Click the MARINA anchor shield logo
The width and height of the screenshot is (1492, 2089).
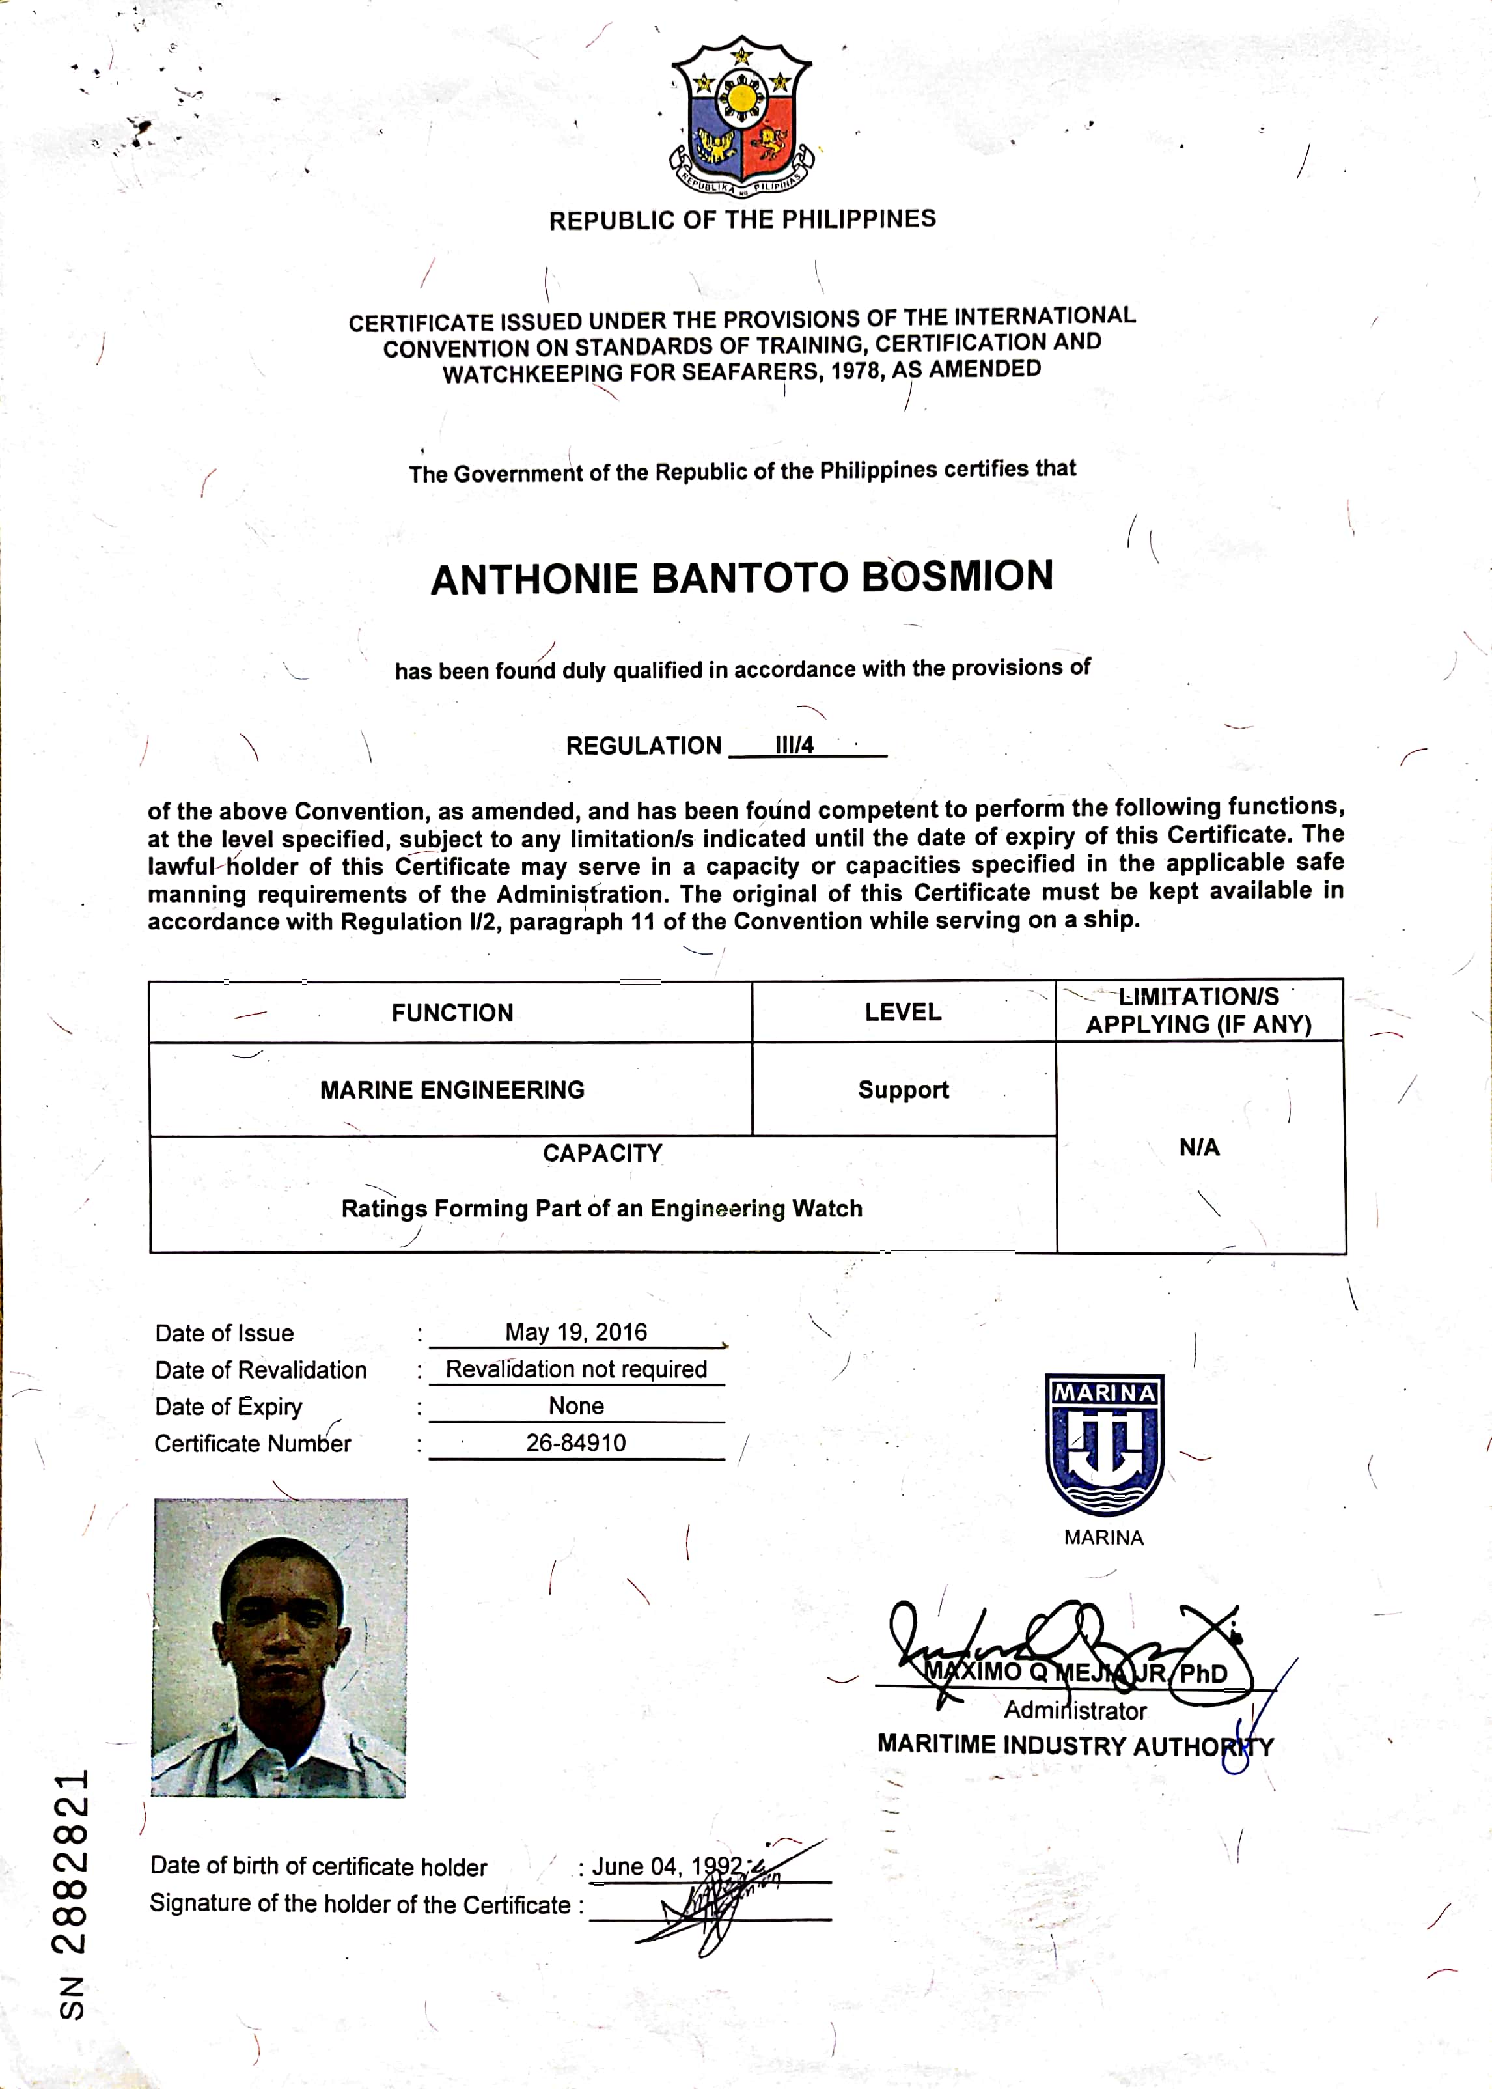(x=1103, y=1443)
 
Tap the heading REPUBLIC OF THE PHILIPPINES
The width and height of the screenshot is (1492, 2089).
(x=742, y=219)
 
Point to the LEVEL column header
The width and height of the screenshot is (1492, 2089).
(x=902, y=1012)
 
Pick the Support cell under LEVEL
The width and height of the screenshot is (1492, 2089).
(x=903, y=1090)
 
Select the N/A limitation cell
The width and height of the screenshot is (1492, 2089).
(x=1199, y=1147)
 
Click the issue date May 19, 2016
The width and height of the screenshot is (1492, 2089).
(x=576, y=1332)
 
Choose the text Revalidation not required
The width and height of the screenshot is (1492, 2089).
(x=576, y=1369)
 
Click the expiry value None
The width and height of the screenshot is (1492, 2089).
(x=576, y=1405)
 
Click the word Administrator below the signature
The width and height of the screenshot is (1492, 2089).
(x=1075, y=1711)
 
